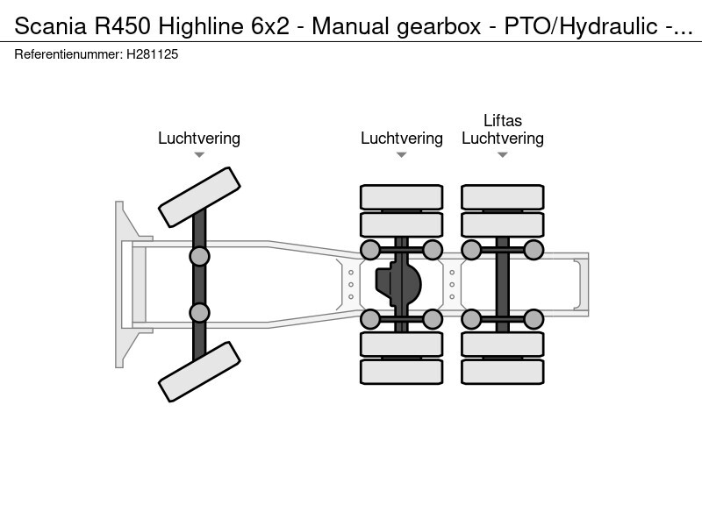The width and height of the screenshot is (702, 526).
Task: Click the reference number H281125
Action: tap(152, 54)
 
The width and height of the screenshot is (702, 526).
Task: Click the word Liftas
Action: tap(503, 121)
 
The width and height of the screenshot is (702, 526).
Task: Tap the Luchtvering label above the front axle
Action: tap(199, 139)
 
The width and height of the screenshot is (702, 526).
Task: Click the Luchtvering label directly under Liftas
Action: tap(503, 139)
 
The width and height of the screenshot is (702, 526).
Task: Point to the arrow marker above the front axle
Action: tap(199, 155)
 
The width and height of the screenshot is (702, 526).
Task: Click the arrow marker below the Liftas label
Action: tap(503, 155)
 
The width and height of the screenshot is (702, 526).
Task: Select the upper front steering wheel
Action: tap(200, 196)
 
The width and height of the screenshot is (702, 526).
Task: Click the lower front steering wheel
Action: tap(200, 372)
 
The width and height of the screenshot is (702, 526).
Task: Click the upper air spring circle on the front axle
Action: tap(200, 256)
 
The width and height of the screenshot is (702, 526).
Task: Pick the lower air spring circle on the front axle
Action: tap(200, 312)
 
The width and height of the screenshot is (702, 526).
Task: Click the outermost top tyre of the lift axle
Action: tap(503, 196)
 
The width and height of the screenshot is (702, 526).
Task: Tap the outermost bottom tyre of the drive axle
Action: tap(401, 372)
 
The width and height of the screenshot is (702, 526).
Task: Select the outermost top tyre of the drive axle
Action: tap(401, 196)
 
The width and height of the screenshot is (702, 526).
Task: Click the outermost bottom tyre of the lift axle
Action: tap(503, 372)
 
